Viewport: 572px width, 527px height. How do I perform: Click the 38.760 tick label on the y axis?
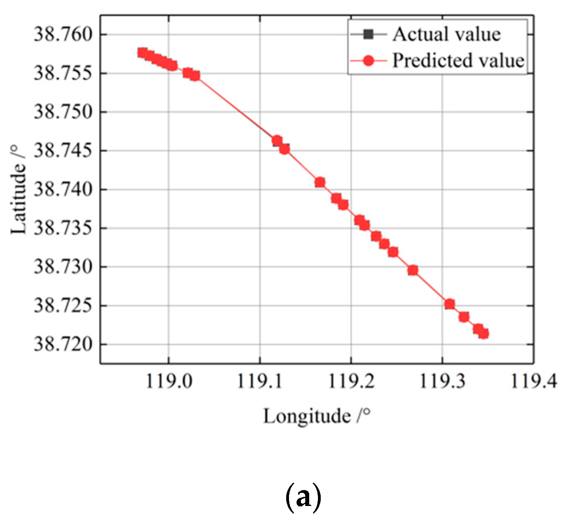(64, 35)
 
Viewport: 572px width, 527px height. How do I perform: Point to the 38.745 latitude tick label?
(64, 151)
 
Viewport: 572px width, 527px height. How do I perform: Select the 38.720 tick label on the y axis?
(64, 344)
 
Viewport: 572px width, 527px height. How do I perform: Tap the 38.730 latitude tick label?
(64, 267)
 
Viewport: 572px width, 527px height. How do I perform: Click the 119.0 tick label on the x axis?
(169, 381)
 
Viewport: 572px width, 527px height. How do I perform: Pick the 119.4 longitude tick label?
(533, 381)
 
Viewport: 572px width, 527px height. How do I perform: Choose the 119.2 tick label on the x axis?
(351, 381)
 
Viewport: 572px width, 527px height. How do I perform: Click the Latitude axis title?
(19, 190)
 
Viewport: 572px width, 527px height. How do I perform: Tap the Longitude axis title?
(317, 417)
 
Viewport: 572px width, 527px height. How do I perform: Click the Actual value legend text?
(447, 35)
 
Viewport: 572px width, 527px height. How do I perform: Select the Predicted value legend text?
(458, 61)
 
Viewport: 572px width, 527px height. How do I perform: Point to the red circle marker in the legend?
(368, 61)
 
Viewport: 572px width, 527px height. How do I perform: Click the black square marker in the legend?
(368, 35)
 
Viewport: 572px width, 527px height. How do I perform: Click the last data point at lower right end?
(483, 333)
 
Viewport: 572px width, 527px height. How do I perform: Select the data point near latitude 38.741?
(320, 182)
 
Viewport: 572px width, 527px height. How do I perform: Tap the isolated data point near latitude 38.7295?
(413, 270)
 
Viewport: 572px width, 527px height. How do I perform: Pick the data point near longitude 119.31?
(449, 304)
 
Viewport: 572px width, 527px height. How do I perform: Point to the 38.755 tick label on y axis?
(64, 73)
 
